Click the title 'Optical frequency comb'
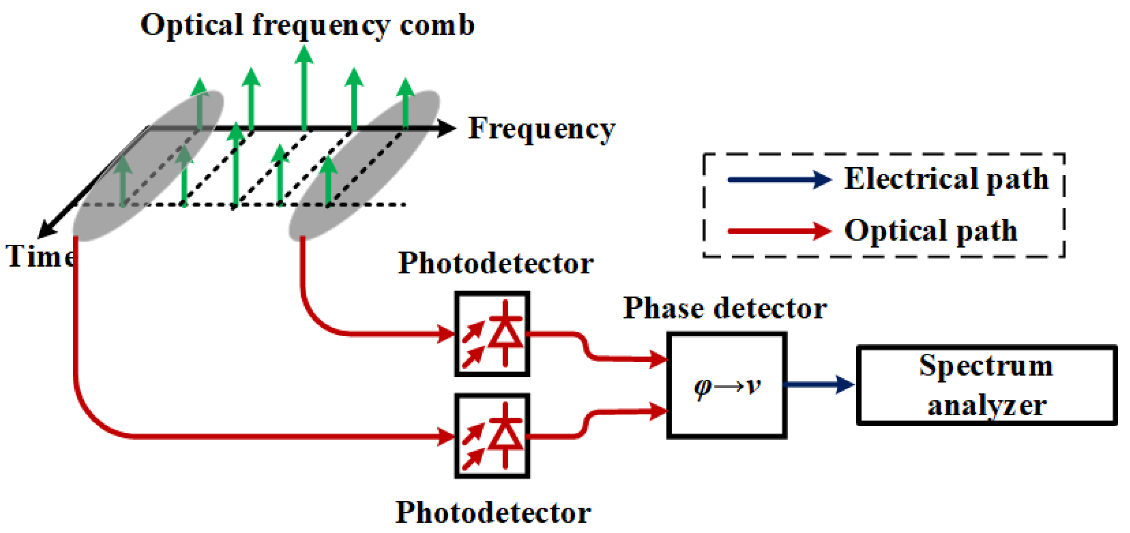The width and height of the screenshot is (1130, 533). pyautogui.click(x=307, y=25)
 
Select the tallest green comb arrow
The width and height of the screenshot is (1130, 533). pyautogui.click(x=304, y=89)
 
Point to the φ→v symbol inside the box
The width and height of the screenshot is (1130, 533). pyautogui.click(x=727, y=386)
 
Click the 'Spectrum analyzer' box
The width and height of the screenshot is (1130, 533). pyautogui.click(x=987, y=386)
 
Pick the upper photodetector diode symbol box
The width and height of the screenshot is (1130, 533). pyautogui.click(x=492, y=334)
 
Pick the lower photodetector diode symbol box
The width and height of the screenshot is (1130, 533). pyautogui.click(x=492, y=436)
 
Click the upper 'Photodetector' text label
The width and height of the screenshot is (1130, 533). pyautogui.click(x=496, y=263)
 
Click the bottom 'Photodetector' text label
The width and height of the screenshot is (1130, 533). pyautogui.click(x=493, y=513)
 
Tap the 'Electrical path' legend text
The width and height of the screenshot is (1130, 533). pyautogui.click(x=946, y=180)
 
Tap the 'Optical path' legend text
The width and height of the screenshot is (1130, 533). pyautogui.click(x=930, y=231)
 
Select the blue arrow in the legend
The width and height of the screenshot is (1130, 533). pyautogui.click(x=779, y=180)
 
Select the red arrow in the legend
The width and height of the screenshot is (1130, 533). pyautogui.click(x=779, y=231)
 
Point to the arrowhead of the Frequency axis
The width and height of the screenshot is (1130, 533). pyautogui.click(x=447, y=128)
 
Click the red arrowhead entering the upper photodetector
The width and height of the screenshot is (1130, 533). pyautogui.click(x=446, y=334)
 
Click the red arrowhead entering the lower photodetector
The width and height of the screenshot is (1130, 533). pyautogui.click(x=446, y=436)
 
